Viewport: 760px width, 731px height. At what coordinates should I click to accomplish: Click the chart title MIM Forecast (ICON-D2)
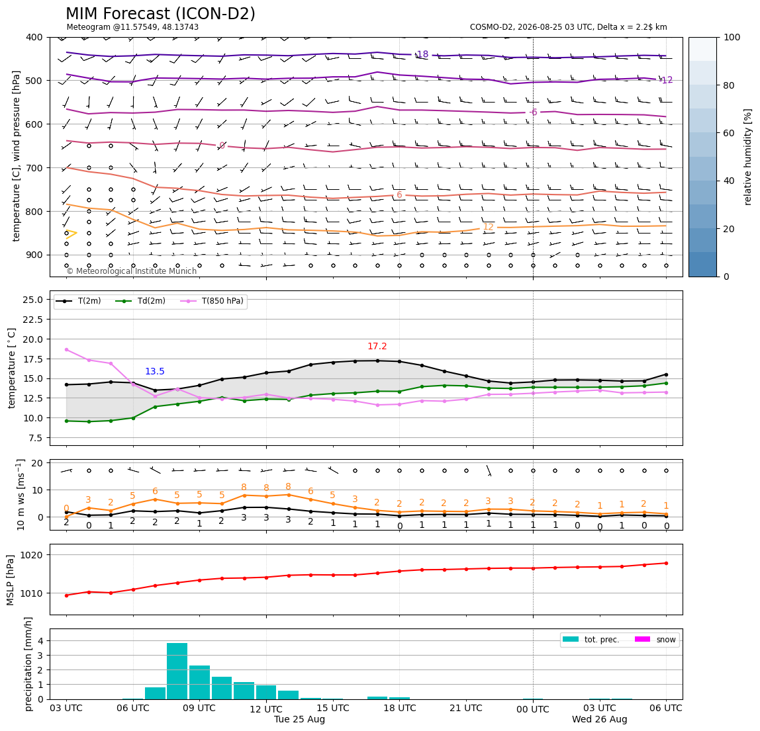tap(160, 14)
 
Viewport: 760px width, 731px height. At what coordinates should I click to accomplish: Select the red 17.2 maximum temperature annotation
tap(377, 347)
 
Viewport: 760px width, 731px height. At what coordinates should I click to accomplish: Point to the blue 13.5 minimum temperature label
tap(155, 372)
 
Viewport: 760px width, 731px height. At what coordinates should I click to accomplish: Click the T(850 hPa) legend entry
tap(213, 301)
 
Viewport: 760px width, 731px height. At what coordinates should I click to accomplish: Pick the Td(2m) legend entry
tap(140, 301)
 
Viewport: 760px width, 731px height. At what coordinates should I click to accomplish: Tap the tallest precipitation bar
tap(177, 671)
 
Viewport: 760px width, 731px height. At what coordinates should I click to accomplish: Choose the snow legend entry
tap(655, 640)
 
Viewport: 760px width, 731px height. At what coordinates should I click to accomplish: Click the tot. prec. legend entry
tap(591, 640)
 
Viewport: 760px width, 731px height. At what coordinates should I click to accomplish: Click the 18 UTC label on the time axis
tap(399, 708)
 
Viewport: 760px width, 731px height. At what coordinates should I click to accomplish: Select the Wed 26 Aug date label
tap(600, 719)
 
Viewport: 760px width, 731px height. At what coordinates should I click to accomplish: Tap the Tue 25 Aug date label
tap(299, 719)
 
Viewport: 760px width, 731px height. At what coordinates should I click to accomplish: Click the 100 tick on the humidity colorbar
tap(732, 37)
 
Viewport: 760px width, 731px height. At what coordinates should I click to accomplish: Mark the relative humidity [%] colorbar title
tap(748, 157)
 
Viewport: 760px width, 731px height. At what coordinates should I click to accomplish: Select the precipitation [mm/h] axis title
tap(28, 664)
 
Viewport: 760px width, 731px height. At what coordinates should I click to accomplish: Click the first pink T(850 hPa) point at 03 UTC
tap(66, 350)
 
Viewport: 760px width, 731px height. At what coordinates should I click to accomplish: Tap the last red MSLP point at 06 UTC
tap(666, 563)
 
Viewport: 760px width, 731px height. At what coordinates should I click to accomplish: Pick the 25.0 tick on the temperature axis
tap(34, 300)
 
